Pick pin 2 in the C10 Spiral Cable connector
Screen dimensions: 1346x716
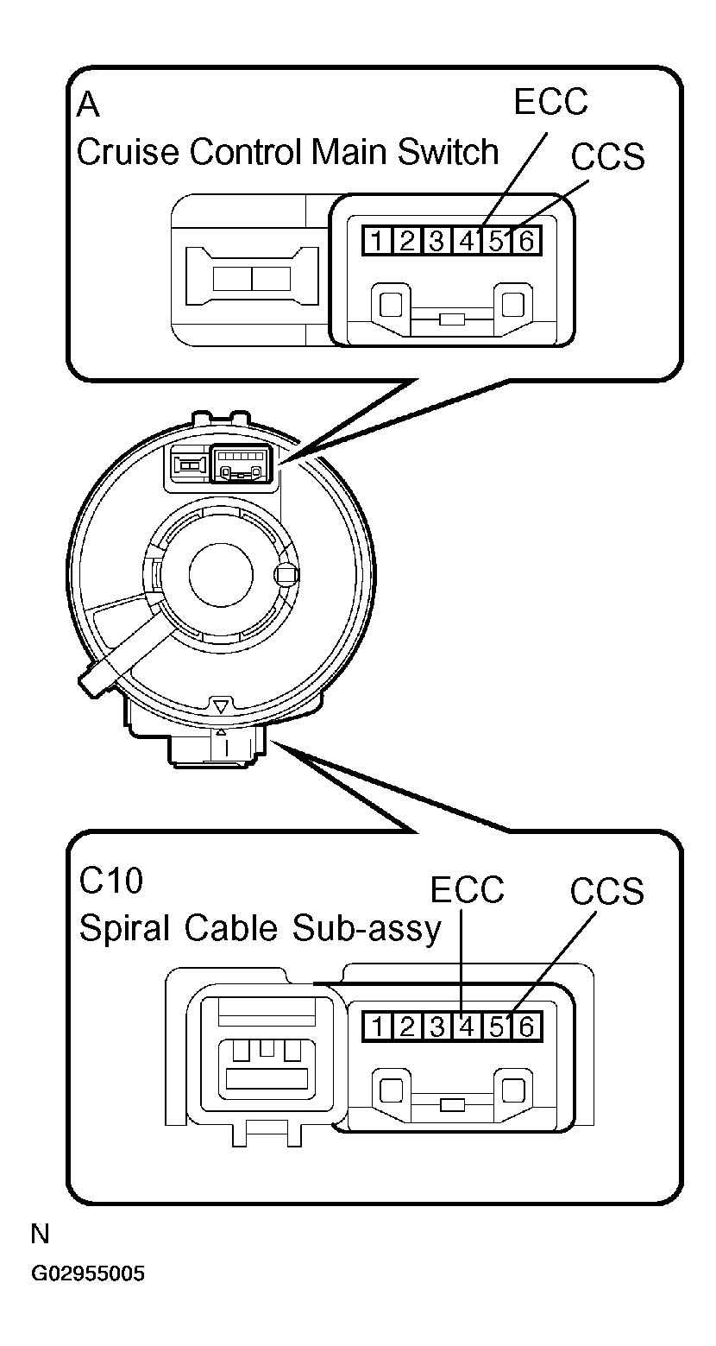tap(407, 1027)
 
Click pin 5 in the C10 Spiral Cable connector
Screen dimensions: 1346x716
tap(497, 1027)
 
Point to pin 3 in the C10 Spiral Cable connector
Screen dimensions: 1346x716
tap(437, 1027)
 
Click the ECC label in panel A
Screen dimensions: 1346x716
tap(550, 102)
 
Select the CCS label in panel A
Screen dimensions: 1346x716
tap(608, 156)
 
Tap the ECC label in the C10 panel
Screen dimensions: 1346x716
tap(467, 890)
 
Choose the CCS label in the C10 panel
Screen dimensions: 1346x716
tap(607, 891)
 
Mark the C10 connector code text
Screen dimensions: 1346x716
tap(111, 882)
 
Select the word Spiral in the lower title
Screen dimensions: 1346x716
tap(126, 929)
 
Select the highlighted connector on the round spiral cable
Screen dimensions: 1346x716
tap(242, 464)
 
